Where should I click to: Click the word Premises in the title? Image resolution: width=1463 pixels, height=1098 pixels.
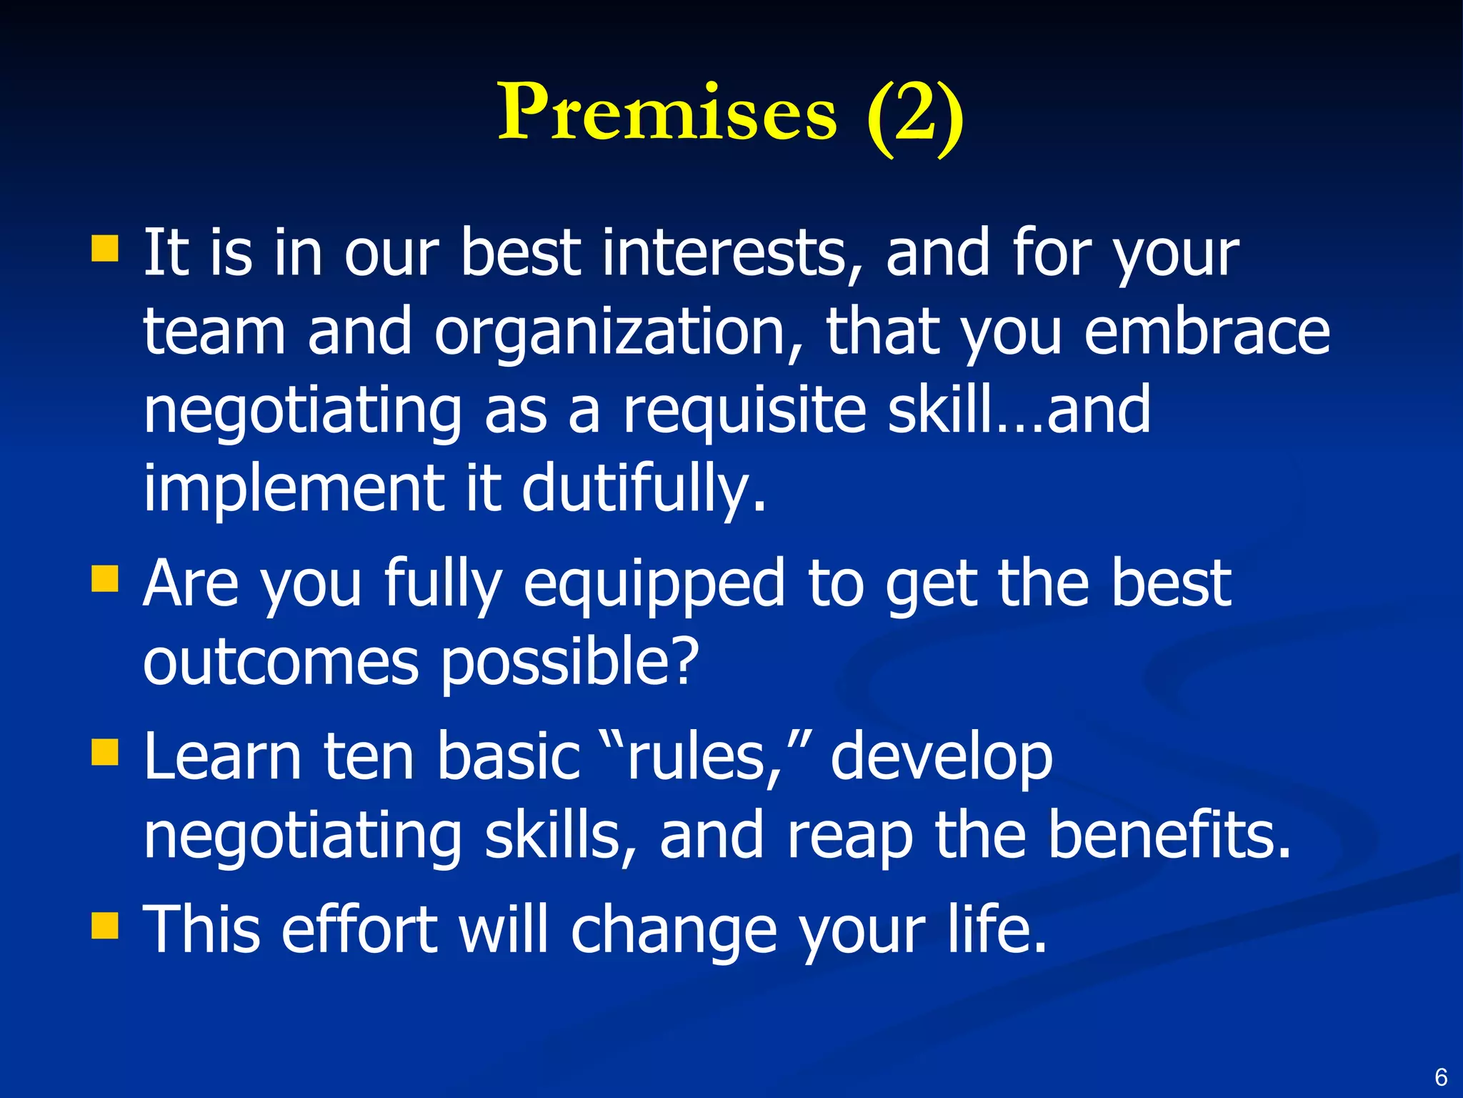(666, 113)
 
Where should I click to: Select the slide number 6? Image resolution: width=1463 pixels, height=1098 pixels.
(1441, 1077)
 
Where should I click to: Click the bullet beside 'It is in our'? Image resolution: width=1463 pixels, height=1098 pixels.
(105, 249)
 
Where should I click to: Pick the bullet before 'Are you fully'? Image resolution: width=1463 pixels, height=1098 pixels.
(105, 579)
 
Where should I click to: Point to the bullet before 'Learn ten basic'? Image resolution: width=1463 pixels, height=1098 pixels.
(105, 752)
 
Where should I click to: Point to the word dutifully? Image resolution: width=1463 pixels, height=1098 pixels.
(644, 490)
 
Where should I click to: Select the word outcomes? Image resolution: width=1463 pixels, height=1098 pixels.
(280, 663)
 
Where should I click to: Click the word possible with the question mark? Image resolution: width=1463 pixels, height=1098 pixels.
(569, 663)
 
